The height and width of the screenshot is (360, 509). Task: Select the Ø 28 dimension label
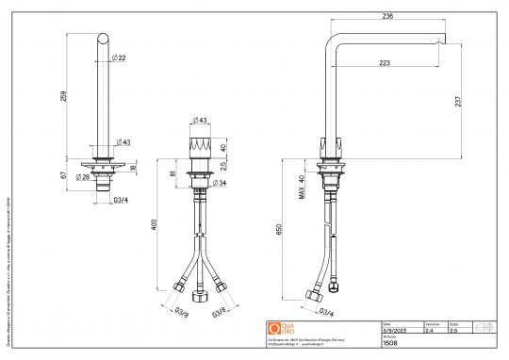82,177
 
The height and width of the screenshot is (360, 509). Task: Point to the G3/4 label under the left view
121,201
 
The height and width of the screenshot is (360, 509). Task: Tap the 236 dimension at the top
386,15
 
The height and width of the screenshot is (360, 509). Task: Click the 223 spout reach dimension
386,63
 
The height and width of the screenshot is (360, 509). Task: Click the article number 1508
391,346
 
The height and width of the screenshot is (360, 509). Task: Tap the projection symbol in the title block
484,327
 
